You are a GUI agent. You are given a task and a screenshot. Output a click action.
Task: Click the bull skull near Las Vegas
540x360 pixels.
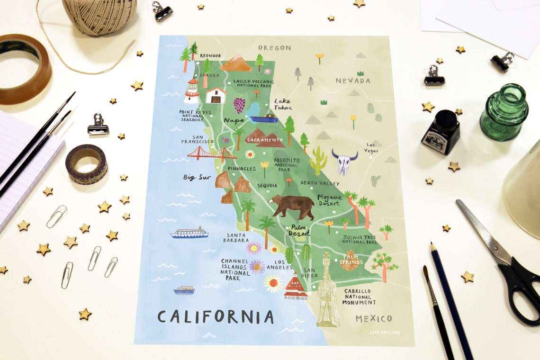(x=344, y=162)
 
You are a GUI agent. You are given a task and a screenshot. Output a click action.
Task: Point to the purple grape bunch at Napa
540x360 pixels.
(x=239, y=105)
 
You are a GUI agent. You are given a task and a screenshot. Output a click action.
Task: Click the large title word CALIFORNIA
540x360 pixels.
(x=216, y=317)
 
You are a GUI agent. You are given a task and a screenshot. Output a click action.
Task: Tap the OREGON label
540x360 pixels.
(x=274, y=48)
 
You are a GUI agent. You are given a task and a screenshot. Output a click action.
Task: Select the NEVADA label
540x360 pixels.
(x=353, y=81)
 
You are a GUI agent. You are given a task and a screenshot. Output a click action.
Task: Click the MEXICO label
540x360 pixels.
(x=374, y=318)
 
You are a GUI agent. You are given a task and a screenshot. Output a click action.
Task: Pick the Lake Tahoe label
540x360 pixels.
(x=283, y=104)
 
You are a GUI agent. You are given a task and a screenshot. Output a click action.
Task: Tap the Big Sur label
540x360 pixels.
(x=197, y=178)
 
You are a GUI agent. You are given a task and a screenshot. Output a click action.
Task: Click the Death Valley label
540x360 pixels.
(x=320, y=183)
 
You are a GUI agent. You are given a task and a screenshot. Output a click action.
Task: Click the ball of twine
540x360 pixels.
(x=99, y=16)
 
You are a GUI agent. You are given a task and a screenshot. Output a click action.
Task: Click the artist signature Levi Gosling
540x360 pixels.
(x=385, y=333)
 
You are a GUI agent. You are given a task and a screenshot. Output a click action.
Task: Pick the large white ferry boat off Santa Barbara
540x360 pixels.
(x=189, y=233)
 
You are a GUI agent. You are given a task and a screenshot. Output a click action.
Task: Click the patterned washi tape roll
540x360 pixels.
(x=86, y=164)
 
